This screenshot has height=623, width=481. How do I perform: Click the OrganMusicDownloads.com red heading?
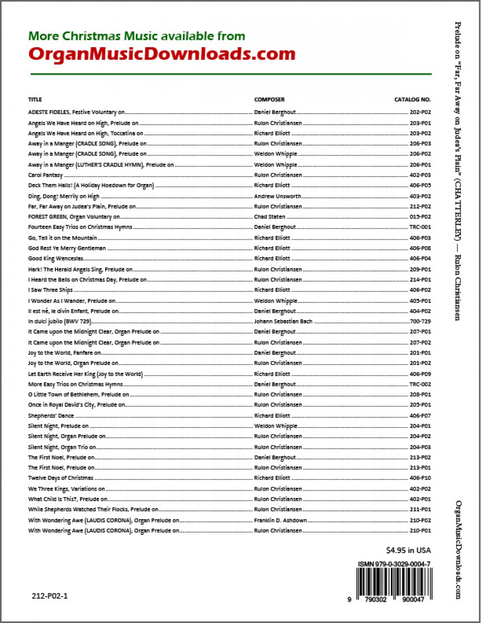[x=162, y=53]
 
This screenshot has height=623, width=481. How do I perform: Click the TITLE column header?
[x=35, y=100]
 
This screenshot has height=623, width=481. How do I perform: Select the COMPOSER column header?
[x=269, y=100]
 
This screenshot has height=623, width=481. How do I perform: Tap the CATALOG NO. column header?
[x=413, y=100]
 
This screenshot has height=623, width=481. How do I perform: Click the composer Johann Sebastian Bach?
[x=283, y=322]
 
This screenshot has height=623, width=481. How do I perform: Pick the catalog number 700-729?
[x=420, y=322]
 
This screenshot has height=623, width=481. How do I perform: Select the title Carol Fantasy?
[x=45, y=175]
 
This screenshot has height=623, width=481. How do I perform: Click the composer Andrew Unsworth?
[x=278, y=196]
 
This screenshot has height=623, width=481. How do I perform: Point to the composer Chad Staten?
[x=270, y=217]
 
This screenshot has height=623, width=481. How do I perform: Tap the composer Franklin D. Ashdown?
[x=280, y=520]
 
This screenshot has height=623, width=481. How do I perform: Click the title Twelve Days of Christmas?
[x=61, y=478]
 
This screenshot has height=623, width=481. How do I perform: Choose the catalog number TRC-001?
[x=420, y=227]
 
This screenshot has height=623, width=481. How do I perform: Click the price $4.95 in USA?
[x=408, y=550]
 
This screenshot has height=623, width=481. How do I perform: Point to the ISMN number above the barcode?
[x=394, y=564]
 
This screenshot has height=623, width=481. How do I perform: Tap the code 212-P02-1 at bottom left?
[x=50, y=596]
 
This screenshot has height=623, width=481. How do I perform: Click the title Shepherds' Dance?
[x=51, y=415]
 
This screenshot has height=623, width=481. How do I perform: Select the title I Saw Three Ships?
[x=51, y=290]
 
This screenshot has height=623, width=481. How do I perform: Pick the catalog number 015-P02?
[x=420, y=217]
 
